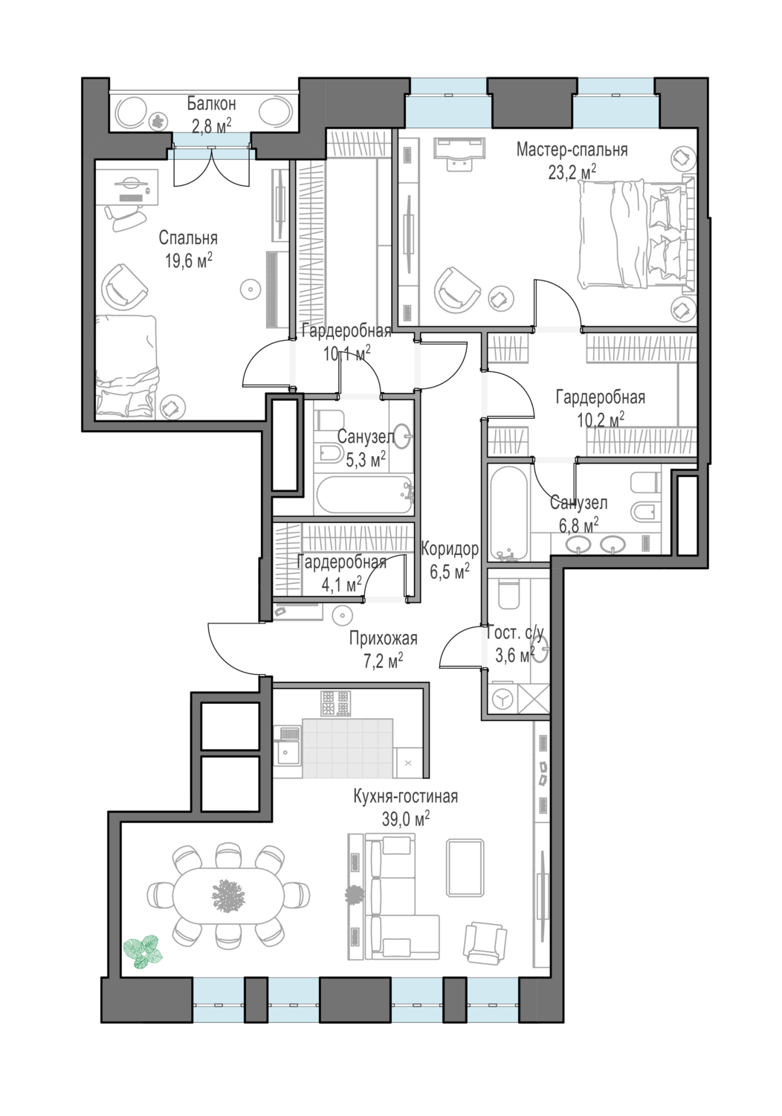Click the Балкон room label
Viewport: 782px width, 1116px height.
click(x=211, y=104)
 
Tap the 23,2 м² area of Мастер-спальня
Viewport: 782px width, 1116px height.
click(x=572, y=173)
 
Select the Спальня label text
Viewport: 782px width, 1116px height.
click(x=188, y=238)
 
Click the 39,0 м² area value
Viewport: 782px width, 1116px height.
click(x=406, y=820)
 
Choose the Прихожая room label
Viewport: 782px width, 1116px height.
click(x=383, y=638)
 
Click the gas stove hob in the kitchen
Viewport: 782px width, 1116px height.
click(x=335, y=704)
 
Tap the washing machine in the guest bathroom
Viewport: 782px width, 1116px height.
click(x=503, y=699)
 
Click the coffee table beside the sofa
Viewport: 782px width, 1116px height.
click(x=465, y=868)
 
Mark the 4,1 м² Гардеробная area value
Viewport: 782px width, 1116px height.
click(x=341, y=584)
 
